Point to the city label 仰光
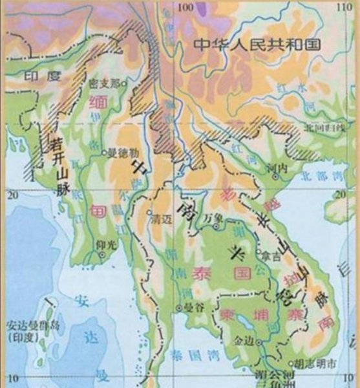pyautogui.click(x=103, y=246)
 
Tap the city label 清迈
pyautogui.click(x=159, y=219)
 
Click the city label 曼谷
pyautogui.click(x=189, y=309)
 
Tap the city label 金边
pyautogui.click(x=245, y=339)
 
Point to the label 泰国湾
pyautogui.click(x=187, y=354)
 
